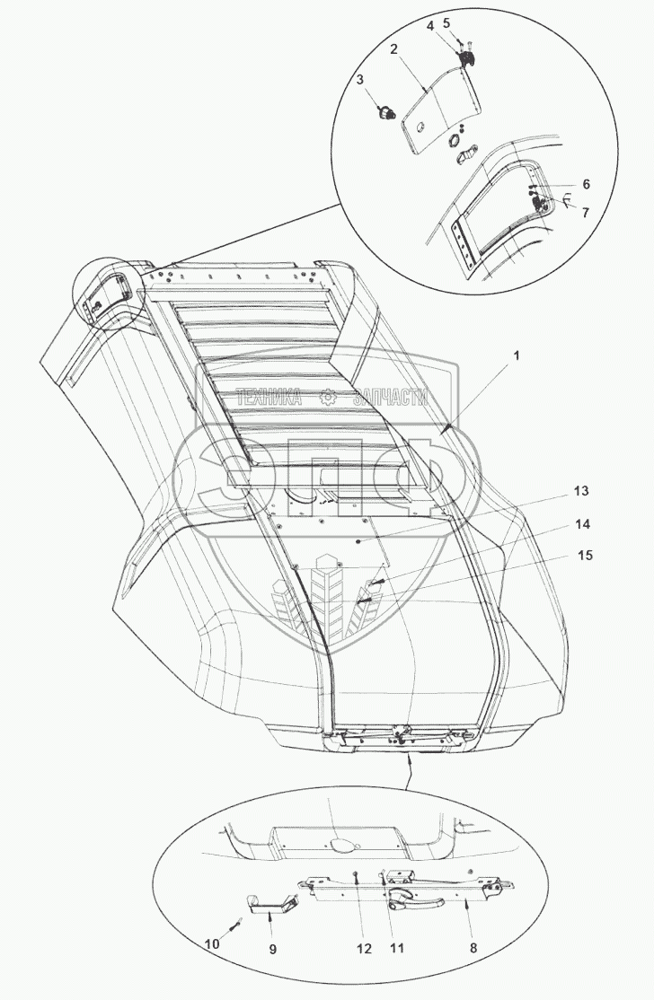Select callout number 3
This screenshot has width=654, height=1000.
359,80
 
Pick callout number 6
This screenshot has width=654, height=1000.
585,183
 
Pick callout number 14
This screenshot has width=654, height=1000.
582,522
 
